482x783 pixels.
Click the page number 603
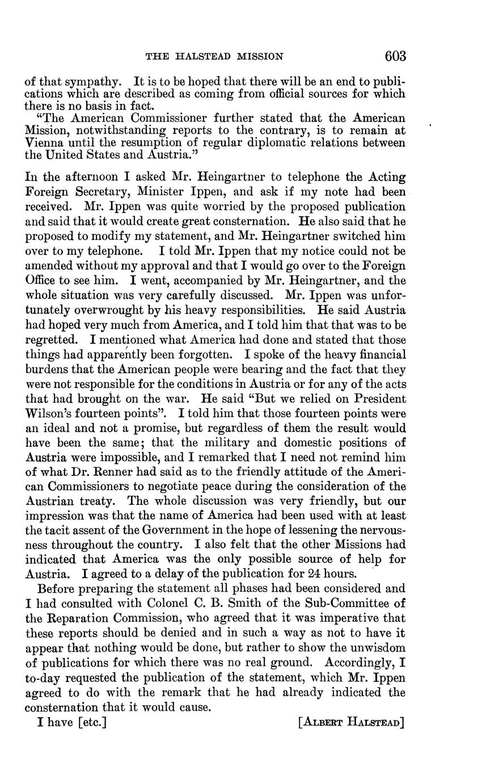pyautogui.click(x=395, y=56)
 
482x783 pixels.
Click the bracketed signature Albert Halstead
pyautogui.click(x=351, y=723)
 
